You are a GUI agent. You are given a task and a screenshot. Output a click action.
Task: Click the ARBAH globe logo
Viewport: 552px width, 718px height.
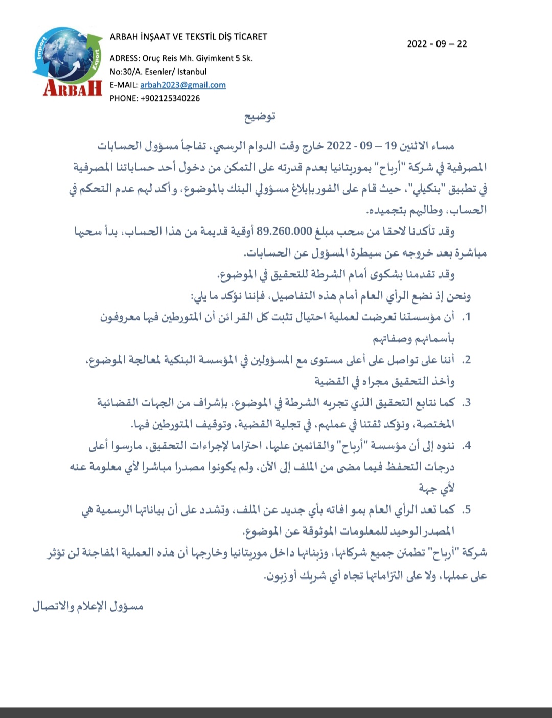coord(70,61)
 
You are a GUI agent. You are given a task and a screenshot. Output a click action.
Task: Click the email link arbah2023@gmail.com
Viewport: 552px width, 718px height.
coord(183,85)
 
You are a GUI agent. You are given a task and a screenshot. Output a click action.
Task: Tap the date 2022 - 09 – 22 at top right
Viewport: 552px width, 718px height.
coord(437,44)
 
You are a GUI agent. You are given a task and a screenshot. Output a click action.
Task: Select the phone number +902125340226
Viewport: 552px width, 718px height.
coord(170,98)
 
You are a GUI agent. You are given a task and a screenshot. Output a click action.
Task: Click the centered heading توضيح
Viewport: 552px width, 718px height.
coord(260,117)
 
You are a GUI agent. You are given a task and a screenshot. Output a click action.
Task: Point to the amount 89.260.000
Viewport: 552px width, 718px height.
coord(284,231)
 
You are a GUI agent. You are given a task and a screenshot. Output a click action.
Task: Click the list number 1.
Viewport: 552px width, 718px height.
coord(466,317)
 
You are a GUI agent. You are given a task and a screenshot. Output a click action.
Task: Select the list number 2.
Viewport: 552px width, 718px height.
coord(466,360)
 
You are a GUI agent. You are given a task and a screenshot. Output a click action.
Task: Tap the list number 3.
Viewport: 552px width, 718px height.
coord(466,403)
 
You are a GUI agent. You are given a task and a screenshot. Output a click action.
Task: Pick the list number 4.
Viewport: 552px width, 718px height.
coord(466,446)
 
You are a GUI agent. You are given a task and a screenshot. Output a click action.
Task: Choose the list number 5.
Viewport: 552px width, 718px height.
coord(466,510)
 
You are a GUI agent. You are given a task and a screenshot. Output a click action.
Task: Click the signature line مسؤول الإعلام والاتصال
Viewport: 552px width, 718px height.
coord(88,607)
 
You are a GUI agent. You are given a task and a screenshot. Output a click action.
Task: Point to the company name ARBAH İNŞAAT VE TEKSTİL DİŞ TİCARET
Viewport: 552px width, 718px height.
coord(189,37)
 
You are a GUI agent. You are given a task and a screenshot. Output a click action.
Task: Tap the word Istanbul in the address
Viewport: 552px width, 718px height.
coord(192,72)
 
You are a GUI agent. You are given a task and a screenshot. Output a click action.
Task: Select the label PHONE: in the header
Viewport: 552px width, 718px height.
coord(124,98)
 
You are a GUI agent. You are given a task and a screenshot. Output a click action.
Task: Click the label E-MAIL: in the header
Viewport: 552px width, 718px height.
coord(124,85)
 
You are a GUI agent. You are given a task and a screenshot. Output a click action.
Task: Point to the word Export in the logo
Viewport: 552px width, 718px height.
coord(95,60)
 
